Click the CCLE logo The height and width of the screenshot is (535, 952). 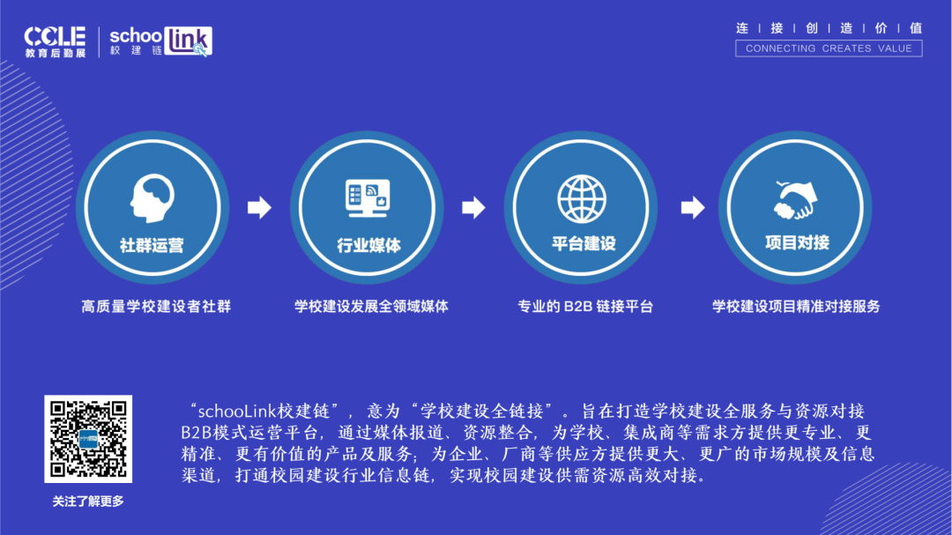click(x=55, y=41)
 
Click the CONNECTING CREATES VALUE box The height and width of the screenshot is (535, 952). click(x=829, y=48)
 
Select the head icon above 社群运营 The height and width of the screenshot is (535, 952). click(x=152, y=197)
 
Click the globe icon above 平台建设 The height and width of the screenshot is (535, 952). click(x=582, y=197)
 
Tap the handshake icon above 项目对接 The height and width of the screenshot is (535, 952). click(x=796, y=199)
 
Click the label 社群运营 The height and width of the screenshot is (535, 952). click(x=152, y=245)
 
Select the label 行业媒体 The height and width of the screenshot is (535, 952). click(x=368, y=245)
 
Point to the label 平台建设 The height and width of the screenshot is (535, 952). click(x=583, y=243)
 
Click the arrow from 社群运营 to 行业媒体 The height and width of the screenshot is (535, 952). click(x=259, y=208)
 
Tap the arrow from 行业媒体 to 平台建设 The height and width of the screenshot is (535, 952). click(x=474, y=208)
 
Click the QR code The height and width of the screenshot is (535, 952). click(x=88, y=438)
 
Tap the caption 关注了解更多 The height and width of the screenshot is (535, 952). click(x=88, y=502)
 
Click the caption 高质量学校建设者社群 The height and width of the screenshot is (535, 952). click(x=156, y=307)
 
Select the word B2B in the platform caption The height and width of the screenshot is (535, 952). click(x=578, y=307)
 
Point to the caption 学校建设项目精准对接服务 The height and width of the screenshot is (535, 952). click(x=796, y=307)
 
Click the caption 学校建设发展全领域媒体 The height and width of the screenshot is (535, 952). click(x=371, y=307)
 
